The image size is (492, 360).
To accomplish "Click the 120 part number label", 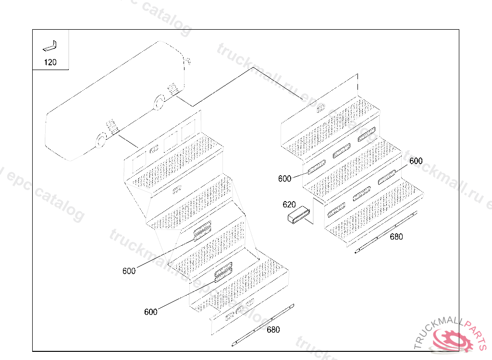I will tap(50, 62).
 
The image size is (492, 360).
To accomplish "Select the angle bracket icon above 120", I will tap(50, 46).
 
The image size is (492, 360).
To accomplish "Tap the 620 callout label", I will tap(289, 204).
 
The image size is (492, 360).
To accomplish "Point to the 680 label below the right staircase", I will tap(396, 237).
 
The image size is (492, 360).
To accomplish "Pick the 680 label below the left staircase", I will tap(273, 330).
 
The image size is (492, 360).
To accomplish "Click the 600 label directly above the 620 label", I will tap(285, 179).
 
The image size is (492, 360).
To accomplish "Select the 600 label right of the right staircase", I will tap(416, 161).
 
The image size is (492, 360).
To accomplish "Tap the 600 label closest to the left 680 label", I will tap(150, 312).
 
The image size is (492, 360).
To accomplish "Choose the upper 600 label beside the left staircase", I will tap(129, 271).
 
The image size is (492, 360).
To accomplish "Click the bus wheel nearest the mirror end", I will tap(158, 102).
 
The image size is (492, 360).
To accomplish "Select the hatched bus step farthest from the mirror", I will tap(111, 127).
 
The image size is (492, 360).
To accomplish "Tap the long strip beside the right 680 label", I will tap(384, 233).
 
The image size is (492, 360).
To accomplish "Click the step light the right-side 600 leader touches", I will tap(387, 178).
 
